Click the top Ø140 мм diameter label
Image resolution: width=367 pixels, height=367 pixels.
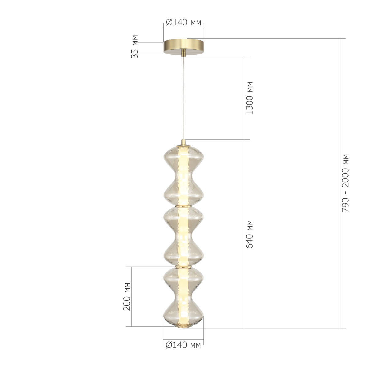pos(183,23)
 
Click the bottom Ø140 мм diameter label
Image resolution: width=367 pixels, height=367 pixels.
pos(183,345)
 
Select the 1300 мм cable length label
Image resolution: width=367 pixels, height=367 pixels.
pos(250,98)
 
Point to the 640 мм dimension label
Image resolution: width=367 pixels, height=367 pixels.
pos(250,234)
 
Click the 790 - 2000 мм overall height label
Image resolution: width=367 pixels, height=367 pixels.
pos(346,183)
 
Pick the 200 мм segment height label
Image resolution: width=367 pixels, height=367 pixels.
pos(127,296)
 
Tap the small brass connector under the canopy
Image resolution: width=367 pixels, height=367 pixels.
pos(183,54)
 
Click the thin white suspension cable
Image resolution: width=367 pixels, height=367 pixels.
pos(183,98)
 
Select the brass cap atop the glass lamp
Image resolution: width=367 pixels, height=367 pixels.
pos(183,143)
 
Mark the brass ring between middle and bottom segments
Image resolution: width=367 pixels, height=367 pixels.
pos(183,267)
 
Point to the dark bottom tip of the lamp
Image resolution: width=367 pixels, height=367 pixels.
pos(183,328)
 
